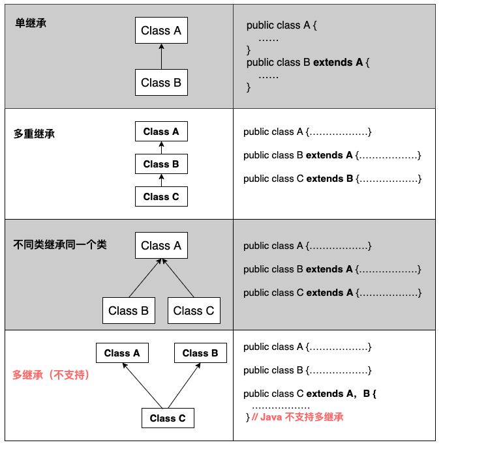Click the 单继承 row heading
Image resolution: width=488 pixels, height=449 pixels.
[x=31, y=23]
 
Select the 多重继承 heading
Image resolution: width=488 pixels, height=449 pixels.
[x=34, y=134]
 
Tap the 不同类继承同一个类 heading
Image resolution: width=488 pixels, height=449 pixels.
[x=60, y=245]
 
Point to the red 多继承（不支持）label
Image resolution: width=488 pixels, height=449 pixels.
[x=51, y=375]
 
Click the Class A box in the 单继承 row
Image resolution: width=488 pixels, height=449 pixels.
[x=161, y=30]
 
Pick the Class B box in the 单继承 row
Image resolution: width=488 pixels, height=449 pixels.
[x=161, y=82]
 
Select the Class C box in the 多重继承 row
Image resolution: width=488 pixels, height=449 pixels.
[x=161, y=197]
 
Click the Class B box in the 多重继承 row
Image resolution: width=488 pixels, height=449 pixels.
[x=161, y=164]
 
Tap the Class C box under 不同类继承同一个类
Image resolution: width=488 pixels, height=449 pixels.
[x=194, y=311]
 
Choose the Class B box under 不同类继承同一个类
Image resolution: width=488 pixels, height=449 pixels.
[x=129, y=311]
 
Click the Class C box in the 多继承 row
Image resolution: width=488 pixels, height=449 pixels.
[x=168, y=418]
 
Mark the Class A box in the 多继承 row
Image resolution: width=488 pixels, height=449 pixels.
[x=122, y=353]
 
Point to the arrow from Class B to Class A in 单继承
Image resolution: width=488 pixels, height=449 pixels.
[x=161, y=57]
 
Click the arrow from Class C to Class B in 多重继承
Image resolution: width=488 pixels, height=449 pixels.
[x=161, y=181]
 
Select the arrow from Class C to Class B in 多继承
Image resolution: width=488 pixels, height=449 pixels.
[x=184, y=386]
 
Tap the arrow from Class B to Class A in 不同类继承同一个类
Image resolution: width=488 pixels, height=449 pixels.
[x=145, y=278]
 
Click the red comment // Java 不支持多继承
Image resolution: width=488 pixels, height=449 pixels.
[x=297, y=417]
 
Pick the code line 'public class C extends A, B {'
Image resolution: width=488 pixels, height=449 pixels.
[x=310, y=394]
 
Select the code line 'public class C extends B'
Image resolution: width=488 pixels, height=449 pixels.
[x=298, y=179]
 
